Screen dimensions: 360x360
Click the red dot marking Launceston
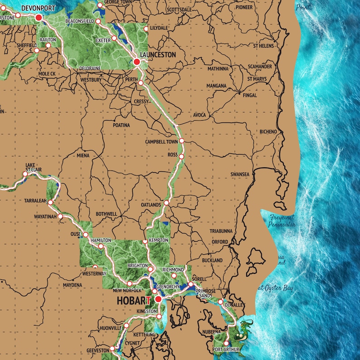click(136, 61)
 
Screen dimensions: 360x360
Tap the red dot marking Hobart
click(158, 299)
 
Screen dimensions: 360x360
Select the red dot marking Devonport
click(39, 17)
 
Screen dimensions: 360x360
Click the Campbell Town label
click(161, 141)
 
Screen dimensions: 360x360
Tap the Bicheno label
click(268, 132)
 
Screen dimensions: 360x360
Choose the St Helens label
click(263, 46)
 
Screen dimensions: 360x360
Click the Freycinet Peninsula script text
click(282, 221)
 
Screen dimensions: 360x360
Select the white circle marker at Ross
click(181, 156)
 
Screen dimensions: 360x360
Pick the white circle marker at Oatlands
click(166, 203)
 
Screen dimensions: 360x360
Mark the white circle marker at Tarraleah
click(50, 202)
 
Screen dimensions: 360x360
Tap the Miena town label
click(83, 156)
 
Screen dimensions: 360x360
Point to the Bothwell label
click(106, 214)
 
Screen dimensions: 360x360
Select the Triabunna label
click(221, 231)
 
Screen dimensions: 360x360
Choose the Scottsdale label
click(179, 10)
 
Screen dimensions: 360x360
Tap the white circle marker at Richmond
click(174, 275)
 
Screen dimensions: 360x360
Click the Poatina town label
click(121, 125)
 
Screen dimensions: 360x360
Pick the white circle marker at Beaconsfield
click(98, 21)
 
